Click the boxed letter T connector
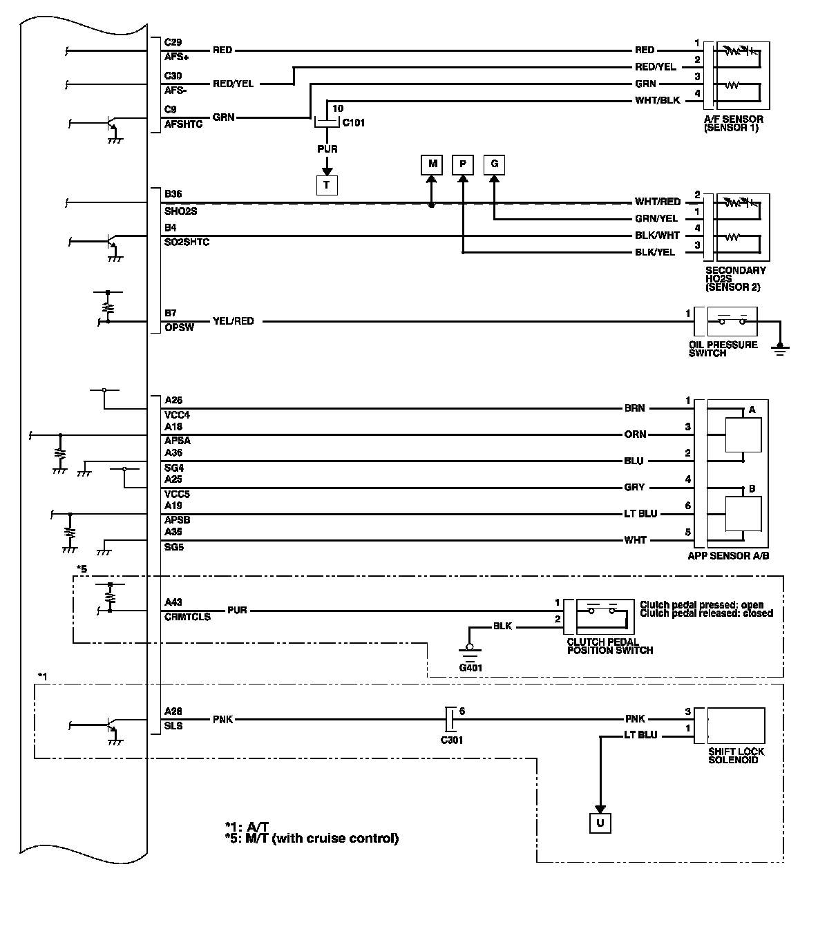(x=327, y=185)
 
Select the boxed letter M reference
(x=432, y=164)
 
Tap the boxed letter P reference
(x=463, y=164)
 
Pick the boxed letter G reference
(x=494, y=164)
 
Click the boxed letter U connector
(x=600, y=823)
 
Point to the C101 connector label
(x=353, y=123)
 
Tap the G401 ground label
(x=470, y=667)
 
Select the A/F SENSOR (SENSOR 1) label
(x=733, y=124)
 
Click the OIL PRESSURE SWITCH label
(x=723, y=349)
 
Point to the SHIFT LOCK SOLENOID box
(x=736, y=725)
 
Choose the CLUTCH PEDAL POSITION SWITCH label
(x=609, y=646)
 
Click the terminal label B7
(x=171, y=313)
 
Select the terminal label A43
(x=173, y=602)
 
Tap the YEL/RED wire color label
(x=233, y=321)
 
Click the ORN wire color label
(x=635, y=434)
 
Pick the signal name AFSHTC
(x=183, y=125)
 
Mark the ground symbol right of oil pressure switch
(x=781, y=348)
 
